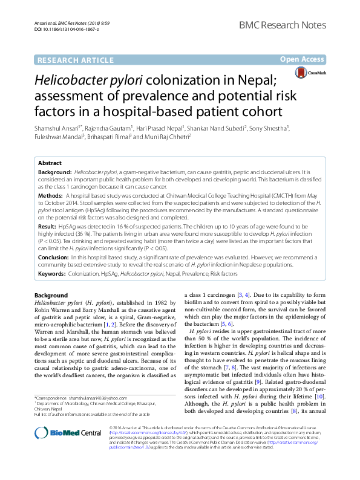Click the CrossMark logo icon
click(x=334, y=73)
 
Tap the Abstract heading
click(x=50, y=163)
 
